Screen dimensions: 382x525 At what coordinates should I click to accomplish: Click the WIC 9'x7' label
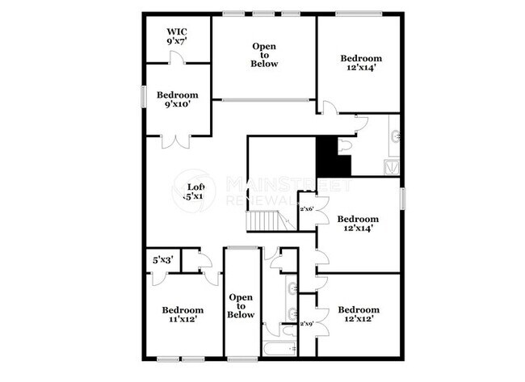point(175,36)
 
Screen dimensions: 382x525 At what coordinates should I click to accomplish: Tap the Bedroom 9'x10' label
point(177,99)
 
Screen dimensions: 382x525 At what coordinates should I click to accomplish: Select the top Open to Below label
point(264,54)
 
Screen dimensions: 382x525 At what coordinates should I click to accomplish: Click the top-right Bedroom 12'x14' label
point(360,63)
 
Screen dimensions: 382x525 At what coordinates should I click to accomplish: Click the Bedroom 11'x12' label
point(183,314)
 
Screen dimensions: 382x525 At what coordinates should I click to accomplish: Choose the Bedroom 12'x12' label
point(358,314)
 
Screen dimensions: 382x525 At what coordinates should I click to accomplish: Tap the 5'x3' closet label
point(162,260)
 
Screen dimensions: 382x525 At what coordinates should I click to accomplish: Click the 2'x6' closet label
point(307,209)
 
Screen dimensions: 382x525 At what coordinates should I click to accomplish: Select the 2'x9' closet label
point(307,324)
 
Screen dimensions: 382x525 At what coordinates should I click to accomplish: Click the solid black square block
point(332,156)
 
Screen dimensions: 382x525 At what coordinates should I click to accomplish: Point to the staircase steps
point(267,220)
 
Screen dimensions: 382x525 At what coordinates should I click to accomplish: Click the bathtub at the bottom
point(279,349)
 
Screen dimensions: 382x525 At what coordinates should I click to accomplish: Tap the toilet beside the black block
point(345,146)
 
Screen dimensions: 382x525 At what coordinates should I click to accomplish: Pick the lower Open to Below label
point(241,306)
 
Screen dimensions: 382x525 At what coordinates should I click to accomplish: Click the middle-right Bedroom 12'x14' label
point(357,224)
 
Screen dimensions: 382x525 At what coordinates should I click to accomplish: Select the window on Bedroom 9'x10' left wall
point(145,95)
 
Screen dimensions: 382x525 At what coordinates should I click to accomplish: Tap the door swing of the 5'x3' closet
point(159,277)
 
